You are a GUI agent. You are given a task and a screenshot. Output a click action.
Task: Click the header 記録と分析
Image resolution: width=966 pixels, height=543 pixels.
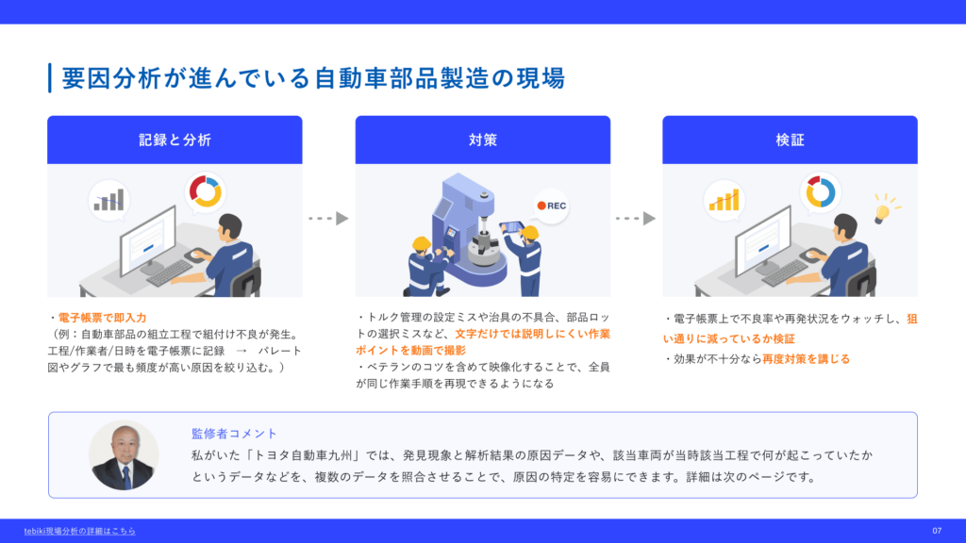pos(175,140)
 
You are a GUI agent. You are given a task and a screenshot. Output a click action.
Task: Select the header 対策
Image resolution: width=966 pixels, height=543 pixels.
pos(482,140)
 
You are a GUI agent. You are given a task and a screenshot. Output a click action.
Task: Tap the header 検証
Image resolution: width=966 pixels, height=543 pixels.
pos(790,140)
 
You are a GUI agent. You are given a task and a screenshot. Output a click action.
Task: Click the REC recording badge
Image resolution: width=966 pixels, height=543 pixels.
pos(551,206)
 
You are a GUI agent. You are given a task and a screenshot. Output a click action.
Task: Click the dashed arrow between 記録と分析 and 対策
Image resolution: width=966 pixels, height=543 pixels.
pos(328,219)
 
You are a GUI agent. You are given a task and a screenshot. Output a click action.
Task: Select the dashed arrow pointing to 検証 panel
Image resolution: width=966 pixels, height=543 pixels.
pos(635,219)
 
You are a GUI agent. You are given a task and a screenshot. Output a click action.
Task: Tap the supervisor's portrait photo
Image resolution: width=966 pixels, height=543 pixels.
pos(124,455)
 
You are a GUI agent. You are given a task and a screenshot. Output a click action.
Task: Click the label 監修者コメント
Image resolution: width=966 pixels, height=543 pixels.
pos(234,434)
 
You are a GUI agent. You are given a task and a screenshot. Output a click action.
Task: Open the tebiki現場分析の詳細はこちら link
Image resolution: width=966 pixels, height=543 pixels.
pos(79,531)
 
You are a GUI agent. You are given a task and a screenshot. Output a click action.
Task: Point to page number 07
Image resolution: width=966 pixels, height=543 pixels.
pos(937,531)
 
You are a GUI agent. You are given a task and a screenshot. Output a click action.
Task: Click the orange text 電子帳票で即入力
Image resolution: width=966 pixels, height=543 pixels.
pos(102,318)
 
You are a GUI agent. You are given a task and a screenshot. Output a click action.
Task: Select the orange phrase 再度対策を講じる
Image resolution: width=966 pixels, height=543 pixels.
pos(806,359)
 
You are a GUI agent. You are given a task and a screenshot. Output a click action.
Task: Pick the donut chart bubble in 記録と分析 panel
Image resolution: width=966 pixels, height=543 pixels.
pos(205,192)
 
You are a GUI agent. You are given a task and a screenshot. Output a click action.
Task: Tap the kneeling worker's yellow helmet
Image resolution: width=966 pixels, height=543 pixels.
pos(422,244)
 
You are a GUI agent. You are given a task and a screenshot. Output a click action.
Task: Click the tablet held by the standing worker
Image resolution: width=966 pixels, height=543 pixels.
pos(510,226)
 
